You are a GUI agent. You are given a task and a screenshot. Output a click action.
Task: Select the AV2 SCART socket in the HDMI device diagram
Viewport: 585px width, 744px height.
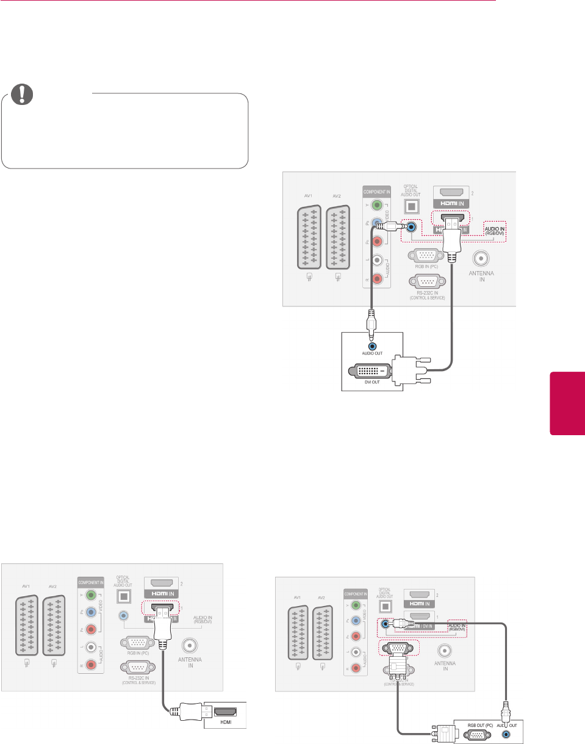tap(55, 626)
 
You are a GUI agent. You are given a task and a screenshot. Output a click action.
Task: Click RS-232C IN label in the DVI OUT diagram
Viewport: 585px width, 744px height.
tap(428, 296)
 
